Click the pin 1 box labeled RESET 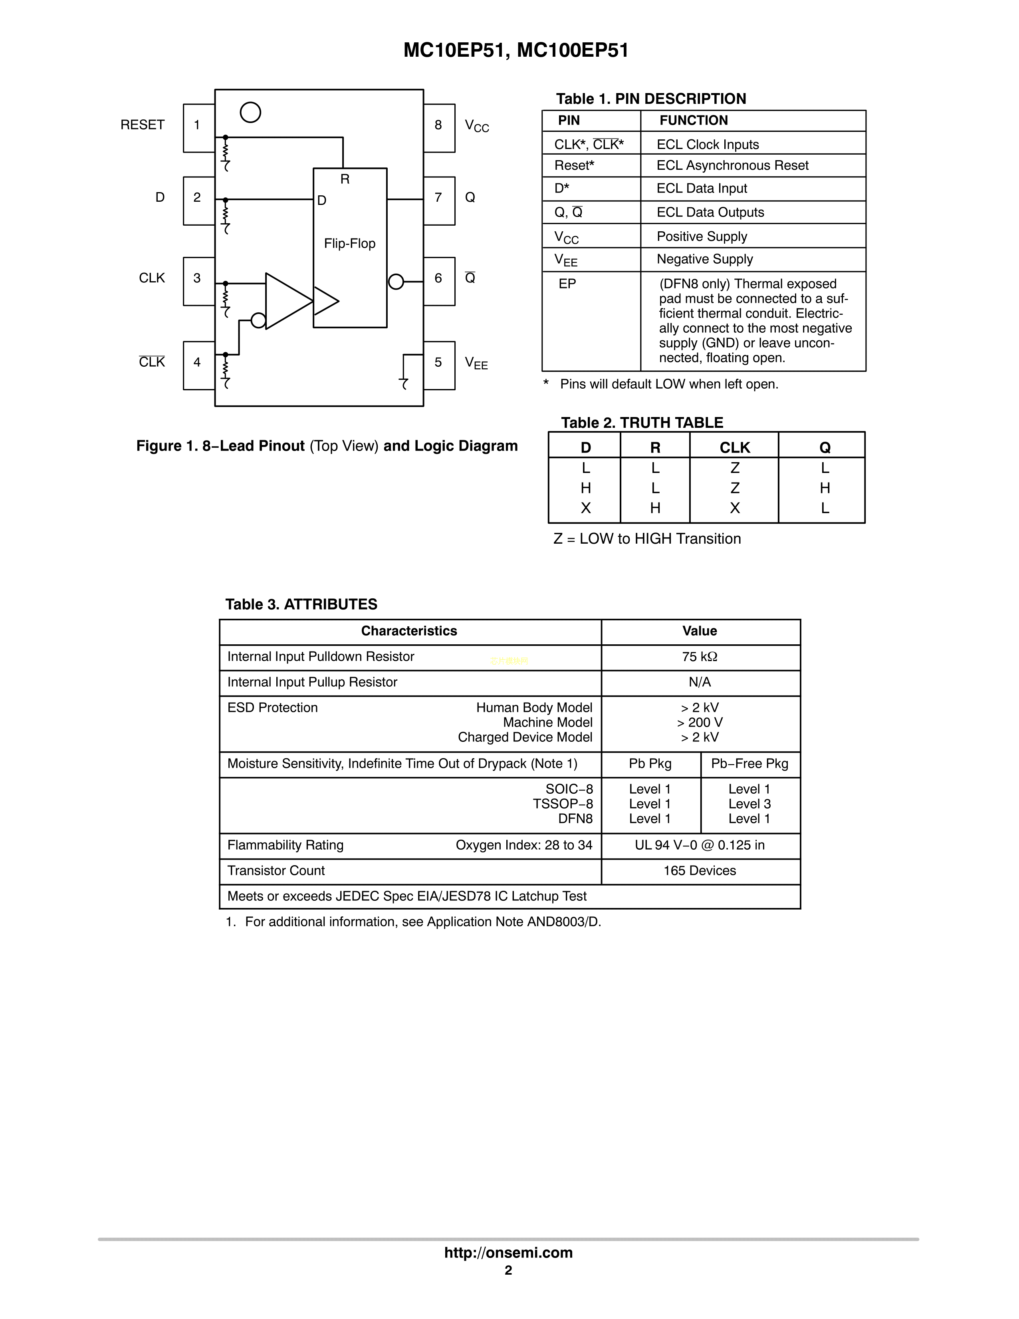click(x=198, y=127)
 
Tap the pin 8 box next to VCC click(x=439, y=127)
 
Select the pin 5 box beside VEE click(x=439, y=365)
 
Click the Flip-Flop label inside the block click(x=349, y=243)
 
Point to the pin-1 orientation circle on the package click(x=250, y=112)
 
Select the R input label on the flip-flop click(x=345, y=179)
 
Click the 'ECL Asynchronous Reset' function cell click(x=732, y=165)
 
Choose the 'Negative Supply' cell click(x=704, y=259)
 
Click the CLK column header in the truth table click(x=734, y=447)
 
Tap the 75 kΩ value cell click(x=700, y=657)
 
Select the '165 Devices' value click(x=700, y=871)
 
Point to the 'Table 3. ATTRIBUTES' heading click(x=301, y=604)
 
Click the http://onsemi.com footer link click(x=508, y=1253)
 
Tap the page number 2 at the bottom click(x=508, y=1270)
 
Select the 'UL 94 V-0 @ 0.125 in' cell click(x=700, y=846)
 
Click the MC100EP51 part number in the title click(x=573, y=50)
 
